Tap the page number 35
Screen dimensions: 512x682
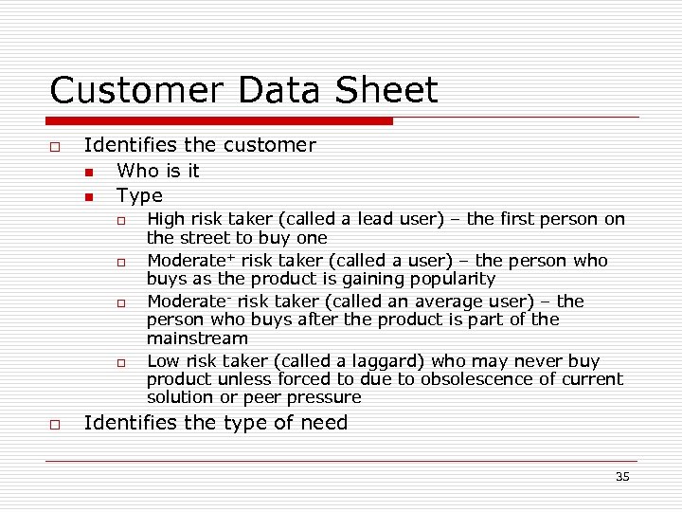(621, 477)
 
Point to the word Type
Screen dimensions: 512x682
(139, 196)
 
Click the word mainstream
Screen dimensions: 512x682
(197, 338)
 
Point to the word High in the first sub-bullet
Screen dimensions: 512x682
(167, 219)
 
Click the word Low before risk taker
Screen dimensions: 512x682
(163, 361)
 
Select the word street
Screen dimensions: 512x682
(206, 238)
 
